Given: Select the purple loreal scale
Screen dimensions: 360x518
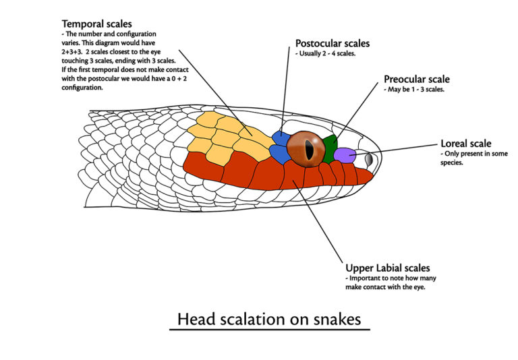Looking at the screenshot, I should click(x=345, y=154).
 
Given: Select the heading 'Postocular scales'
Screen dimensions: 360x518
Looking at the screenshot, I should click(x=333, y=44).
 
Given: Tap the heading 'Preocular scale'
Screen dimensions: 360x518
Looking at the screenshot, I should click(x=416, y=80).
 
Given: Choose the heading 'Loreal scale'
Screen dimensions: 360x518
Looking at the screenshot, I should click(x=465, y=144).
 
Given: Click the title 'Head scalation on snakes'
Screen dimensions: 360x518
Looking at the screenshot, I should click(x=269, y=318).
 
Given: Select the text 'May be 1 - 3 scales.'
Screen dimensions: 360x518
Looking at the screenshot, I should click(x=414, y=90).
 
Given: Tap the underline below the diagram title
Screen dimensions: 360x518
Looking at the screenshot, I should click(x=269, y=330).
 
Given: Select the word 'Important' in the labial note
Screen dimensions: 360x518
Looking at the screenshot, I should click(x=364, y=278).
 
